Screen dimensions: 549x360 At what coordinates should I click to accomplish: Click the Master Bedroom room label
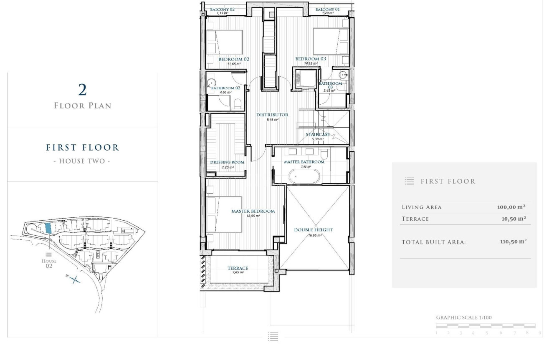point(253,211)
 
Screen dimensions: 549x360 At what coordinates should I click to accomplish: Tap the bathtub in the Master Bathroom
point(304,176)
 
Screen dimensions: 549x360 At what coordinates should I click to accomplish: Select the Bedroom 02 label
point(234,59)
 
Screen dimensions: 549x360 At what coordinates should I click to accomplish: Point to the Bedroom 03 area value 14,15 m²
point(311,63)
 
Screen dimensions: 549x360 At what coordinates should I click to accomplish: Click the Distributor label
point(272,115)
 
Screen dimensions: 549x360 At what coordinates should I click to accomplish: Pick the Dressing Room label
point(227,162)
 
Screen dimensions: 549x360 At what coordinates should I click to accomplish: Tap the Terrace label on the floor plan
point(238,268)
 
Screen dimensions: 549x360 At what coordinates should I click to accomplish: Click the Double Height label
point(314,230)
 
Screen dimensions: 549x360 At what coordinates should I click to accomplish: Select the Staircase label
point(318,135)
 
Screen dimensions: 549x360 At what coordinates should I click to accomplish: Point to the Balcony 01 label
point(327,10)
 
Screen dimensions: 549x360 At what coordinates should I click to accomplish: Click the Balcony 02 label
point(222,10)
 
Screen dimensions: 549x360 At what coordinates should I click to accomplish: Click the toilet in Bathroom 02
point(238,104)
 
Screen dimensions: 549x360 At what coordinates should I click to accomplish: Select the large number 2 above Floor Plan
point(83,90)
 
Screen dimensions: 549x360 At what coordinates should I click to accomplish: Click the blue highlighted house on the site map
point(48,228)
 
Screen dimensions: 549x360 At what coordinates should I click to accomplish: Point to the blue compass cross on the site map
point(74,279)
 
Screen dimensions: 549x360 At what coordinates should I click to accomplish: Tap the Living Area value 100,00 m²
point(511,207)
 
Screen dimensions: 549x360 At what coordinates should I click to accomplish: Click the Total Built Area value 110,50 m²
point(513,242)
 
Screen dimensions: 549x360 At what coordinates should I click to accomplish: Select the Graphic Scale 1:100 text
point(464,317)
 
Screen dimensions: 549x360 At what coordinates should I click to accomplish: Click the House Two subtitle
point(82,161)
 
